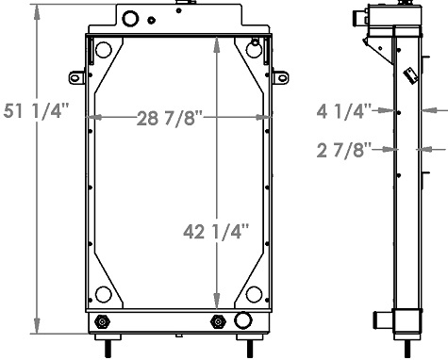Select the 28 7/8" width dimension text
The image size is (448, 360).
[171, 118]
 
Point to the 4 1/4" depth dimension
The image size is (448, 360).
[346, 110]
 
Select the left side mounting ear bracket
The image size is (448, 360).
[75, 76]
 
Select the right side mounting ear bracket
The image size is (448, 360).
[280, 76]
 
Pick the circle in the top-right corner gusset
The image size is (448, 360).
[252, 49]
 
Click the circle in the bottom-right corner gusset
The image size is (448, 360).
[252, 294]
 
